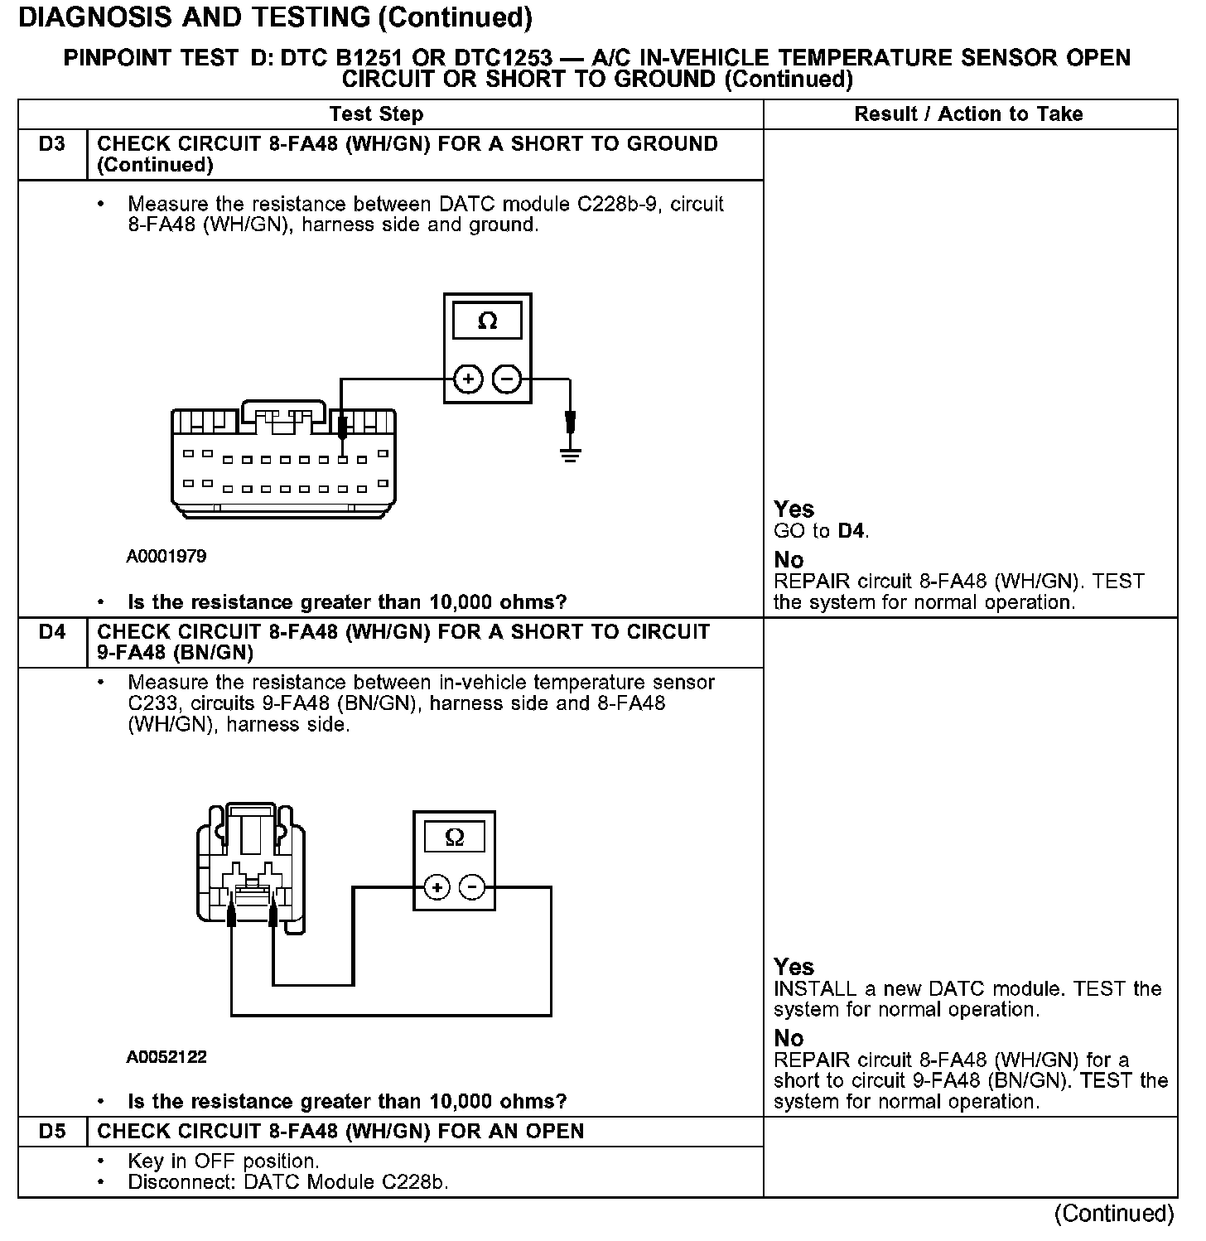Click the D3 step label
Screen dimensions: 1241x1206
pos(51,144)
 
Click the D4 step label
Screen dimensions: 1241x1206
pos(51,632)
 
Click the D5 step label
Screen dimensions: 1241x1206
pos(51,1132)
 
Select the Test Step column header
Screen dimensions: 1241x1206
pos(376,114)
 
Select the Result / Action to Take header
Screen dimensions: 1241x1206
pos(968,114)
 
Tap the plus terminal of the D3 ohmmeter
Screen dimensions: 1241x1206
pos(468,379)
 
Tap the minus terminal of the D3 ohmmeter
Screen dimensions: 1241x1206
pos(506,379)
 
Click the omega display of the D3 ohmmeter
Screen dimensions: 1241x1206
pos(487,321)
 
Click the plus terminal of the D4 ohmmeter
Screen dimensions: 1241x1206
pos(437,888)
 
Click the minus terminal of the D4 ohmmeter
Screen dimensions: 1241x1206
pos(472,888)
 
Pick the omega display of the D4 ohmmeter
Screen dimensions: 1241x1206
pos(454,837)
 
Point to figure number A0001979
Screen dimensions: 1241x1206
pos(166,557)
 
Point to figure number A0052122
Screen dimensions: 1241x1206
pos(166,1057)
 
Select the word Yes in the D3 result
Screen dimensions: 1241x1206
pos(794,509)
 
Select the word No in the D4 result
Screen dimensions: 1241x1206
pos(789,1038)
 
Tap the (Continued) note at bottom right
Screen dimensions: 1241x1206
pos(1113,1214)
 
